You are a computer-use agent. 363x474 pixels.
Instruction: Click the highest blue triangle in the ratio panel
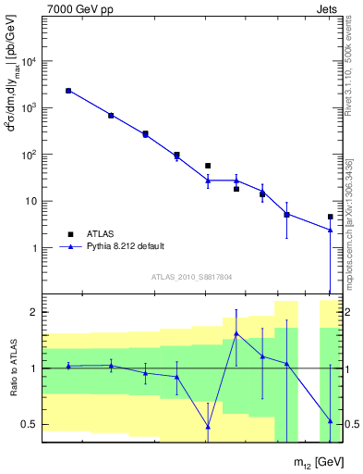tap(236, 333)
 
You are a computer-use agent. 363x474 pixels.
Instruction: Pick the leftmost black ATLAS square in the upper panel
tap(68, 91)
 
